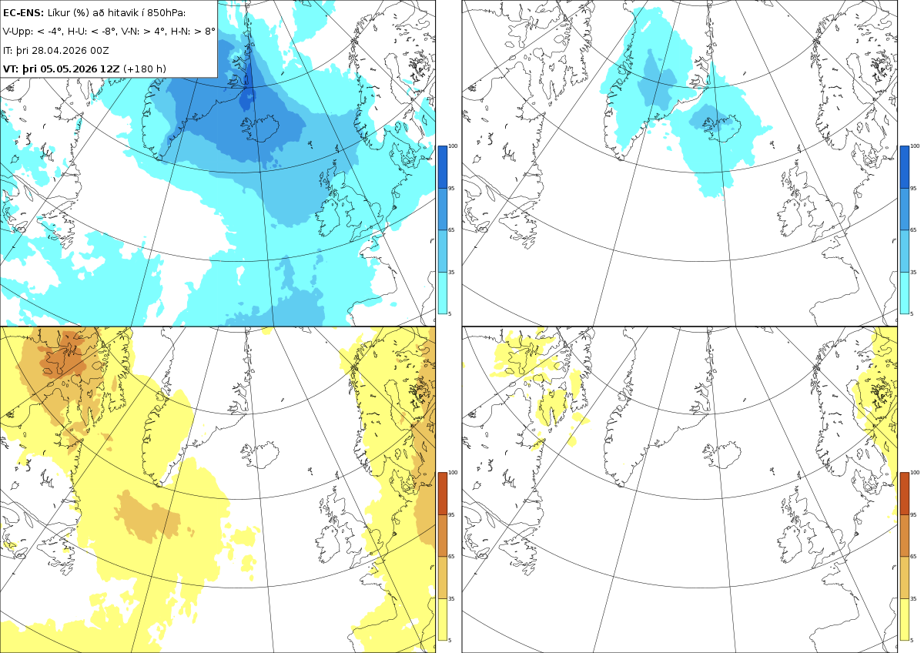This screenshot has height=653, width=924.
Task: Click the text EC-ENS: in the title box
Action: (23, 13)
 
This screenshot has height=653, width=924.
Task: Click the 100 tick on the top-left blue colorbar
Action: (453, 146)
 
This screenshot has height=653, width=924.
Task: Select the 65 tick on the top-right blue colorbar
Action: (913, 229)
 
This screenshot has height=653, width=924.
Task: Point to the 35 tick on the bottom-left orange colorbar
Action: (451, 598)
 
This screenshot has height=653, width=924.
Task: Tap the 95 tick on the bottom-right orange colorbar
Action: (913, 515)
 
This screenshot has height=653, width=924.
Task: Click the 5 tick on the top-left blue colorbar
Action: (450, 313)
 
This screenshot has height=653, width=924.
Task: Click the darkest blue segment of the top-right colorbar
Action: (904, 167)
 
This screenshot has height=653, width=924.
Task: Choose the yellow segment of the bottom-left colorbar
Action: (442, 619)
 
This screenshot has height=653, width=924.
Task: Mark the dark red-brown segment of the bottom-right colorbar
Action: (904, 494)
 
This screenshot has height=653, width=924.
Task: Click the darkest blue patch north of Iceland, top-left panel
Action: (246, 99)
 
